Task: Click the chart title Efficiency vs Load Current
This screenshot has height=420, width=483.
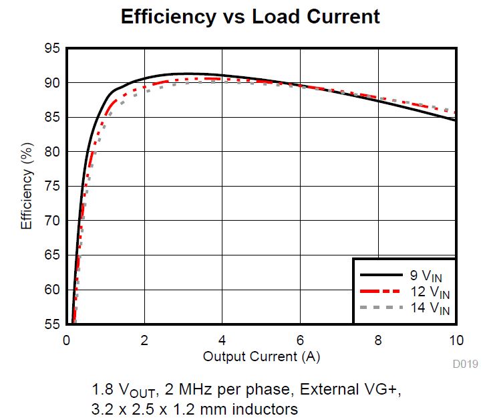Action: tap(251, 17)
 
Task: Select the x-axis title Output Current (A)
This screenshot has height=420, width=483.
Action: tap(261, 356)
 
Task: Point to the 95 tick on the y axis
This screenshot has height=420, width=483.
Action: tap(52, 49)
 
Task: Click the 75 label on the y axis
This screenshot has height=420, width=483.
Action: tap(52, 187)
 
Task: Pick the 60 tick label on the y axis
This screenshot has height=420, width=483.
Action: tap(52, 290)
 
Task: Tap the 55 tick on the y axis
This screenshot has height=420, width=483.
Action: tap(52, 325)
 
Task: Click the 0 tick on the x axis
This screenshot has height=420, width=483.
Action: tap(66, 340)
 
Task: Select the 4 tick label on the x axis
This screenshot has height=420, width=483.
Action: tap(222, 340)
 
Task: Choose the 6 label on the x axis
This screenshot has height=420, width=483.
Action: tap(301, 340)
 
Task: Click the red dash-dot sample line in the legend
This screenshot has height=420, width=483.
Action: tap(379, 291)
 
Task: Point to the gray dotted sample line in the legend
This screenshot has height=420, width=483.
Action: tap(379, 308)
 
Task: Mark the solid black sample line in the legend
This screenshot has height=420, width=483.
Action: tap(379, 274)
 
